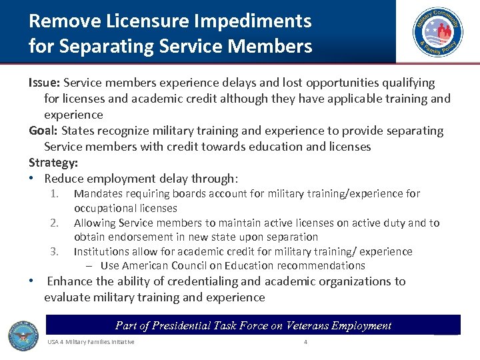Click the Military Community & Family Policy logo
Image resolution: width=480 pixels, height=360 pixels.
(437, 31)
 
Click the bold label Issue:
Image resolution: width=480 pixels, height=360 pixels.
(45, 83)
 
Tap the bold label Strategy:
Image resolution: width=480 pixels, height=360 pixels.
(53, 163)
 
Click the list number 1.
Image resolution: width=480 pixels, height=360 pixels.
(56, 194)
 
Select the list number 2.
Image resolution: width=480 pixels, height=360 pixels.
(56, 223)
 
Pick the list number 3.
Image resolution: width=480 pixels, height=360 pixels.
(56, 252)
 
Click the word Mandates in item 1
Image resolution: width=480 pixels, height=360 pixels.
(100, 194)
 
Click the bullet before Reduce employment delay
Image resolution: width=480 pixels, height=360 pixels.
(32, 179)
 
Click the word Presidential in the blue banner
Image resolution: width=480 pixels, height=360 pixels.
(185, 325)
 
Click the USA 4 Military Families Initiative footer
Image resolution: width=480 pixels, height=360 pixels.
(91, 342)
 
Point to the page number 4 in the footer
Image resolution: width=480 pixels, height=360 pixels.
(305, 342)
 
